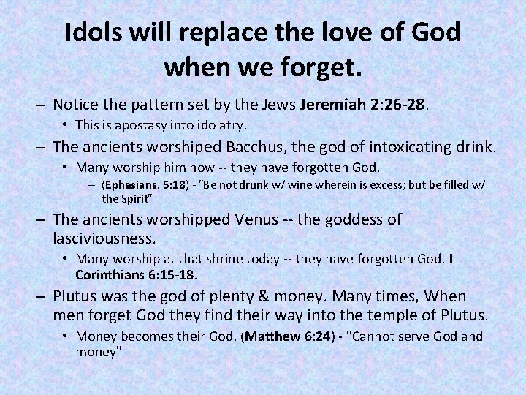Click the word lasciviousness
(x=104, y=238)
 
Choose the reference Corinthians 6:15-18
(x=136, y=275)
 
